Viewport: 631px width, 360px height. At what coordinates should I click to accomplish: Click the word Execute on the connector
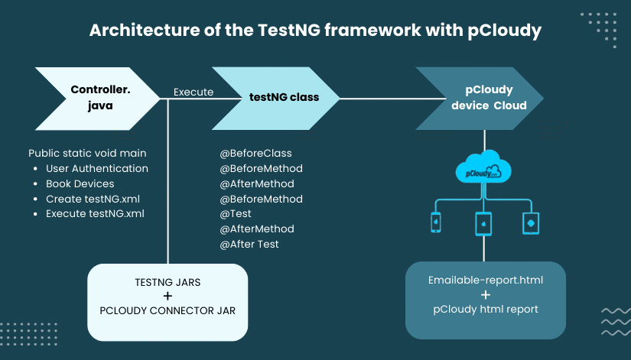click(194, 92)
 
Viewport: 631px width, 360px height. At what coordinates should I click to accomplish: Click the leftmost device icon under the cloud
click(436, 222)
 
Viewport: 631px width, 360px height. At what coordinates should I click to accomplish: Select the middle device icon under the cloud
click(483, 222)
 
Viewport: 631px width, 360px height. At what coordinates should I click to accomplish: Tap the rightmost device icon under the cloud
click(531, 222)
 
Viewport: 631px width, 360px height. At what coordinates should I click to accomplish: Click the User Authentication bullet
click(96, 168)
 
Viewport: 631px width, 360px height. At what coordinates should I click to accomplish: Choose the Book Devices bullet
click(80, 183)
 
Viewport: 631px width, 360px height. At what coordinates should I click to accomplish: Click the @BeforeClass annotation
click(256, 153)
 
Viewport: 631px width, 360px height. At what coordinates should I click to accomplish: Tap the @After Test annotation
click(249, 245)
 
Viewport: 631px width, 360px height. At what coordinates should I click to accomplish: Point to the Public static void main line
click(87, 153)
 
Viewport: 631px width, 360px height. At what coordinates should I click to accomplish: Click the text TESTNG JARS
click(168, 282)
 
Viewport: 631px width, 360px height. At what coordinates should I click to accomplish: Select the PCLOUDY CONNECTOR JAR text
click(168, 311)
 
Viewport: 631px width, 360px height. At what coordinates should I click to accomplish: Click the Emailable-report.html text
click(486, 280)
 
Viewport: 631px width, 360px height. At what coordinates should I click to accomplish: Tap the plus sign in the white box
click(168, 297)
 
